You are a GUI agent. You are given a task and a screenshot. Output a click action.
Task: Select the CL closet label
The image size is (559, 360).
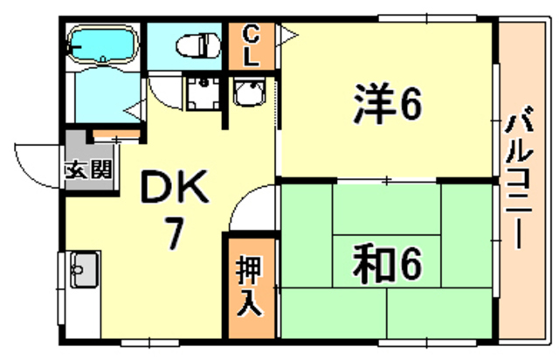(x=252, y=47)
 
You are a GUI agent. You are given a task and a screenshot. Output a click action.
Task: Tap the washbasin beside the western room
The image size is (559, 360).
(x=250, y=93)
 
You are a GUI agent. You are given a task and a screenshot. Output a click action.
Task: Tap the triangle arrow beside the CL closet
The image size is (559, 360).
(x=288, y=36)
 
